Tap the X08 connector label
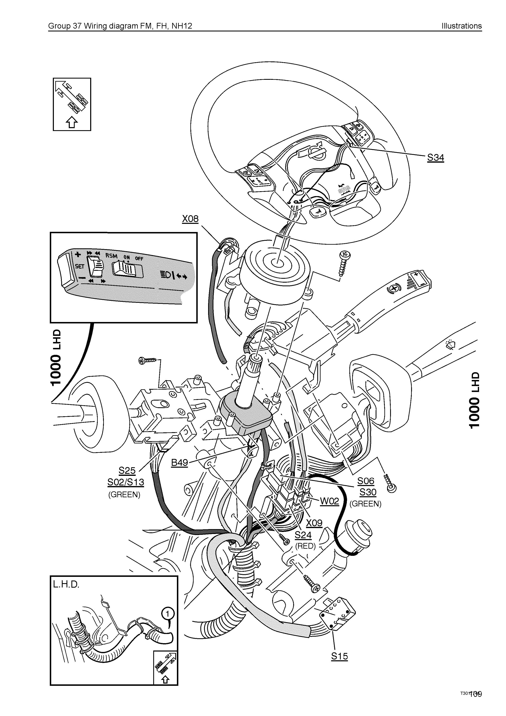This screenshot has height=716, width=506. click(190, 219)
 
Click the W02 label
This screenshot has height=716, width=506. click(330, 502)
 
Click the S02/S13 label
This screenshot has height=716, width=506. click(126, 482)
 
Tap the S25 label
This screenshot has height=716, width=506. click(127, 471)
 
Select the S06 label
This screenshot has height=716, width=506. click(365, 481)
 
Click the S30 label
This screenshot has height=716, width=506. click(368, 492)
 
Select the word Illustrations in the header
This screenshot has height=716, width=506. click(461, 26)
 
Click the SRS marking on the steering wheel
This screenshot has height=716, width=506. click(344, 189)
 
